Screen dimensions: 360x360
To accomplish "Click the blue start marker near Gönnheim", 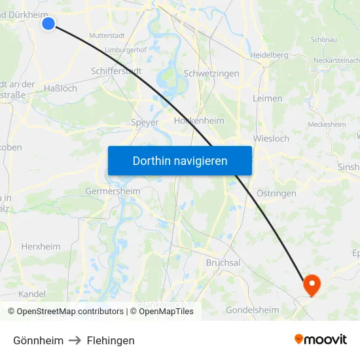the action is [48, 24].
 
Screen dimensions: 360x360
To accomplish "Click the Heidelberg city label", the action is [269, 55].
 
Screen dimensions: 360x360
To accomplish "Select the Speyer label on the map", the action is [145, 122].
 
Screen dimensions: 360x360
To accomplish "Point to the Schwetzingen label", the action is [212, 74].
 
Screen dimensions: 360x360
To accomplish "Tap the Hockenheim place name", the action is [199, 121].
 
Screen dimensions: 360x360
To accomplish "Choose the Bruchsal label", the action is [223, 262].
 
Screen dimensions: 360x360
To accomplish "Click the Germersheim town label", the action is [113, 191].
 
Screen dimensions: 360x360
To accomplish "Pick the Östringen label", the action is [276, 193].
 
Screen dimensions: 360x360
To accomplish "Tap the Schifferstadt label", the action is [116, 71].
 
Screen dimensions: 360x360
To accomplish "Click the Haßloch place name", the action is [60, 88].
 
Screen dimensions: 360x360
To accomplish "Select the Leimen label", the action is [267, 99].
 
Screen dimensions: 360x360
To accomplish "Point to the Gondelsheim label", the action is [252, 310].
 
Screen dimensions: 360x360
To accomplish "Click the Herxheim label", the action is [41, 247].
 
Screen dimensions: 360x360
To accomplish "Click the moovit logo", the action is [320, 340].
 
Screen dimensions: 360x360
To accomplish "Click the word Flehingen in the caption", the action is [111, 340].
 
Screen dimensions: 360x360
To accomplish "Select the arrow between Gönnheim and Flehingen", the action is [75, 340].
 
